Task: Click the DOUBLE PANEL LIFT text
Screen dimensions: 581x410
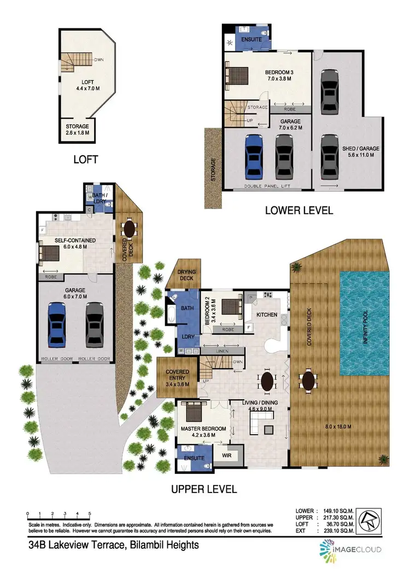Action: [267, 187]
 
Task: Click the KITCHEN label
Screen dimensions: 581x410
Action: [266, 315]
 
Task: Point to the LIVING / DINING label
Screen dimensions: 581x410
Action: [260, 406]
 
